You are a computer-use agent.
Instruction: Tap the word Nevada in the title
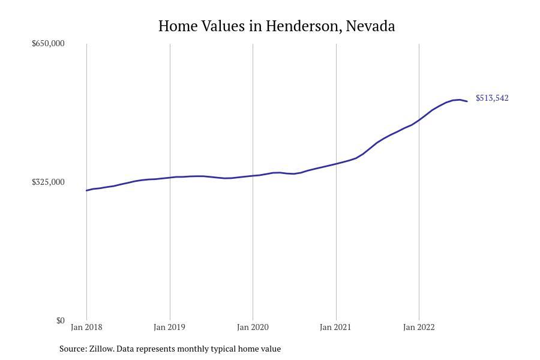(370, 26)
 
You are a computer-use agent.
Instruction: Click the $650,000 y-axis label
(48, 44)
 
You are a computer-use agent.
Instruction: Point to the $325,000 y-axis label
(48, 182)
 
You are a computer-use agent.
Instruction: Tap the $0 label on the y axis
(60, 320)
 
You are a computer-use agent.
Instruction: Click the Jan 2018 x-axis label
(86, 327)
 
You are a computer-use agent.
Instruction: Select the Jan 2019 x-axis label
(169, 327)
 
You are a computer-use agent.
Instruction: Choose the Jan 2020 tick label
(253, 327)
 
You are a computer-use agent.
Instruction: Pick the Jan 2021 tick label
(335, 327)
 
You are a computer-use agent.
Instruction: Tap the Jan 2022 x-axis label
(419, 327)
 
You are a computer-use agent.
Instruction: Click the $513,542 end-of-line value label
(492, 98)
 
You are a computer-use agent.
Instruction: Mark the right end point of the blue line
(467, 101)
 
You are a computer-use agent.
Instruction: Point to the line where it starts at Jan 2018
(87, 190)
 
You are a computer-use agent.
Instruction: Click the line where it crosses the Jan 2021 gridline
(336, 163)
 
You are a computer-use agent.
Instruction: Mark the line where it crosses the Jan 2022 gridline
(419, 120)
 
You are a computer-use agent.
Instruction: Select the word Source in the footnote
(73, 349)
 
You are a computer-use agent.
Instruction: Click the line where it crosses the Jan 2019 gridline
(170, 177)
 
